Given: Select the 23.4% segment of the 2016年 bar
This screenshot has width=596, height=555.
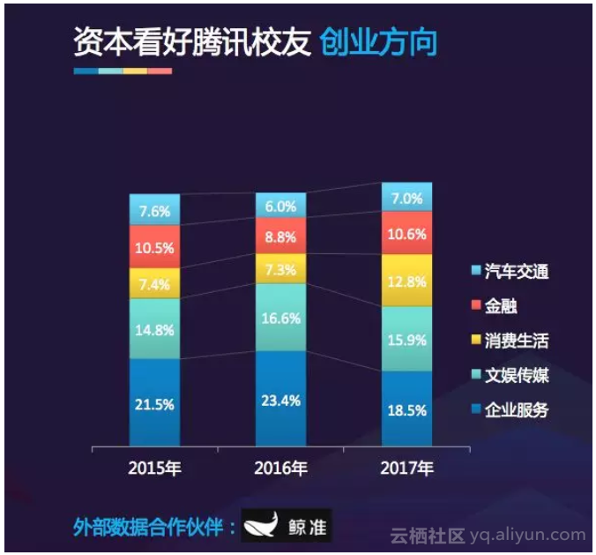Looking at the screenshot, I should click(281, 399).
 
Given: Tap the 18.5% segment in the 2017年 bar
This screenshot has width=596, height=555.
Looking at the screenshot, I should click(406, 409).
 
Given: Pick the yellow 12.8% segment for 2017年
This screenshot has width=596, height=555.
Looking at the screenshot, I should click(406, 281).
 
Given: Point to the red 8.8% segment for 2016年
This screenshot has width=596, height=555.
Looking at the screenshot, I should click(281, 236).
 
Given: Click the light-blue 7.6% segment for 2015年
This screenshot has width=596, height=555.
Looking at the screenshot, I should click(154, 210).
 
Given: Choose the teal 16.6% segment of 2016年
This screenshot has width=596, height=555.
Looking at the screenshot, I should click(281, 318).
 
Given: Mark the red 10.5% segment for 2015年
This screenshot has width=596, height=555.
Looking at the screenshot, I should click(154, 246).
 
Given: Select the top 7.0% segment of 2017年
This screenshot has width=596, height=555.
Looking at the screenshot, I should click(406, 198).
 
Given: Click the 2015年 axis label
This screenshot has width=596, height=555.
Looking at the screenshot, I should click(154, 467).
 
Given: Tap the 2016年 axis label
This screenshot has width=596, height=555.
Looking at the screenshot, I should click(281, 467).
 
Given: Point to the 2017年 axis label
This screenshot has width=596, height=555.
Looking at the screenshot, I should click(406, 467).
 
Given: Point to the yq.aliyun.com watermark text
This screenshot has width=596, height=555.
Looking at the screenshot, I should click(526, 534).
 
